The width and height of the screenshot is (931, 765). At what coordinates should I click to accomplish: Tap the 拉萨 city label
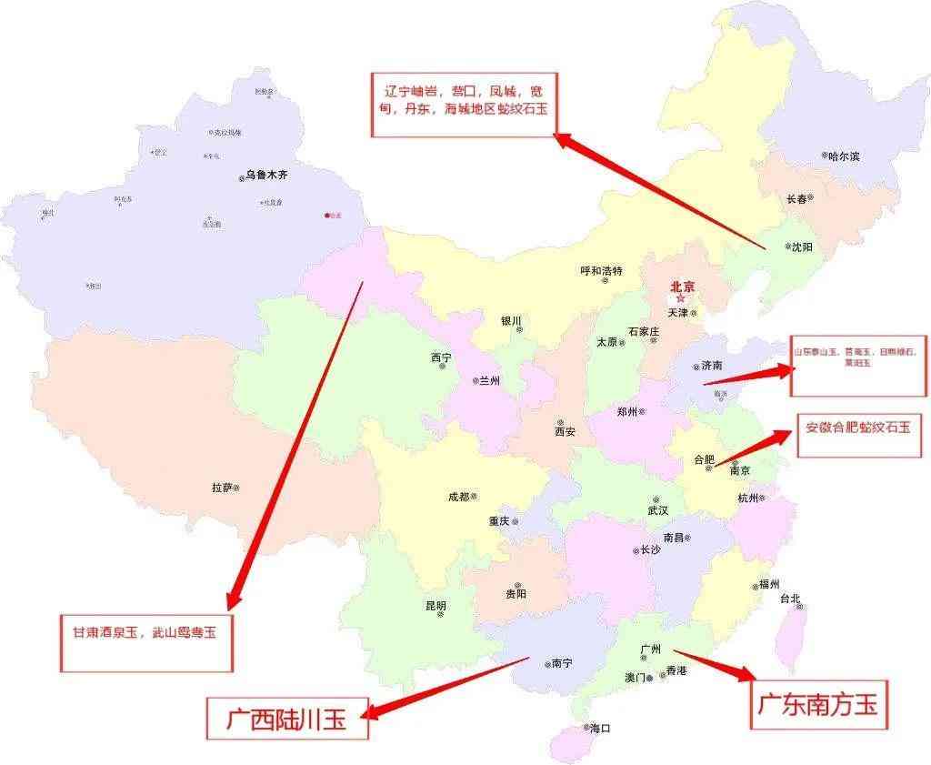[222, 488]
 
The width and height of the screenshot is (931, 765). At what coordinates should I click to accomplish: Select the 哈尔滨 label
[844, 156]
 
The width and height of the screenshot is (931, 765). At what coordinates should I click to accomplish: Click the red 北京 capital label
[682, 287]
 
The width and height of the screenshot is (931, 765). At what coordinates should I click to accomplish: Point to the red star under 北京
[681, 299]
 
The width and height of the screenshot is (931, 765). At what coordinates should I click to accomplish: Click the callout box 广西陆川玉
[287, 719]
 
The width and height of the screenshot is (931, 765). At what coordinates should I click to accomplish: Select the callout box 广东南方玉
[817, 704]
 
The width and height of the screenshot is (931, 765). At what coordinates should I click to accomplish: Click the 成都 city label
[458, 498]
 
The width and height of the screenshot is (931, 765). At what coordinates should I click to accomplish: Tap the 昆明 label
[435, 605]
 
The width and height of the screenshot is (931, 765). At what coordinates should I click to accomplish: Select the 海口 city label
[600, 729]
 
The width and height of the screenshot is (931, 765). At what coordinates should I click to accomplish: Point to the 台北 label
[789, 599]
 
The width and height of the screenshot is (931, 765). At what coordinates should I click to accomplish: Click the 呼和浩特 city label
[601, 271]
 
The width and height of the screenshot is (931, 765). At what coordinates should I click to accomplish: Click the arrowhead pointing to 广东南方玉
[747, 674]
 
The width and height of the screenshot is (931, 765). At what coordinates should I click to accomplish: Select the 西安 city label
[565, 431]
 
